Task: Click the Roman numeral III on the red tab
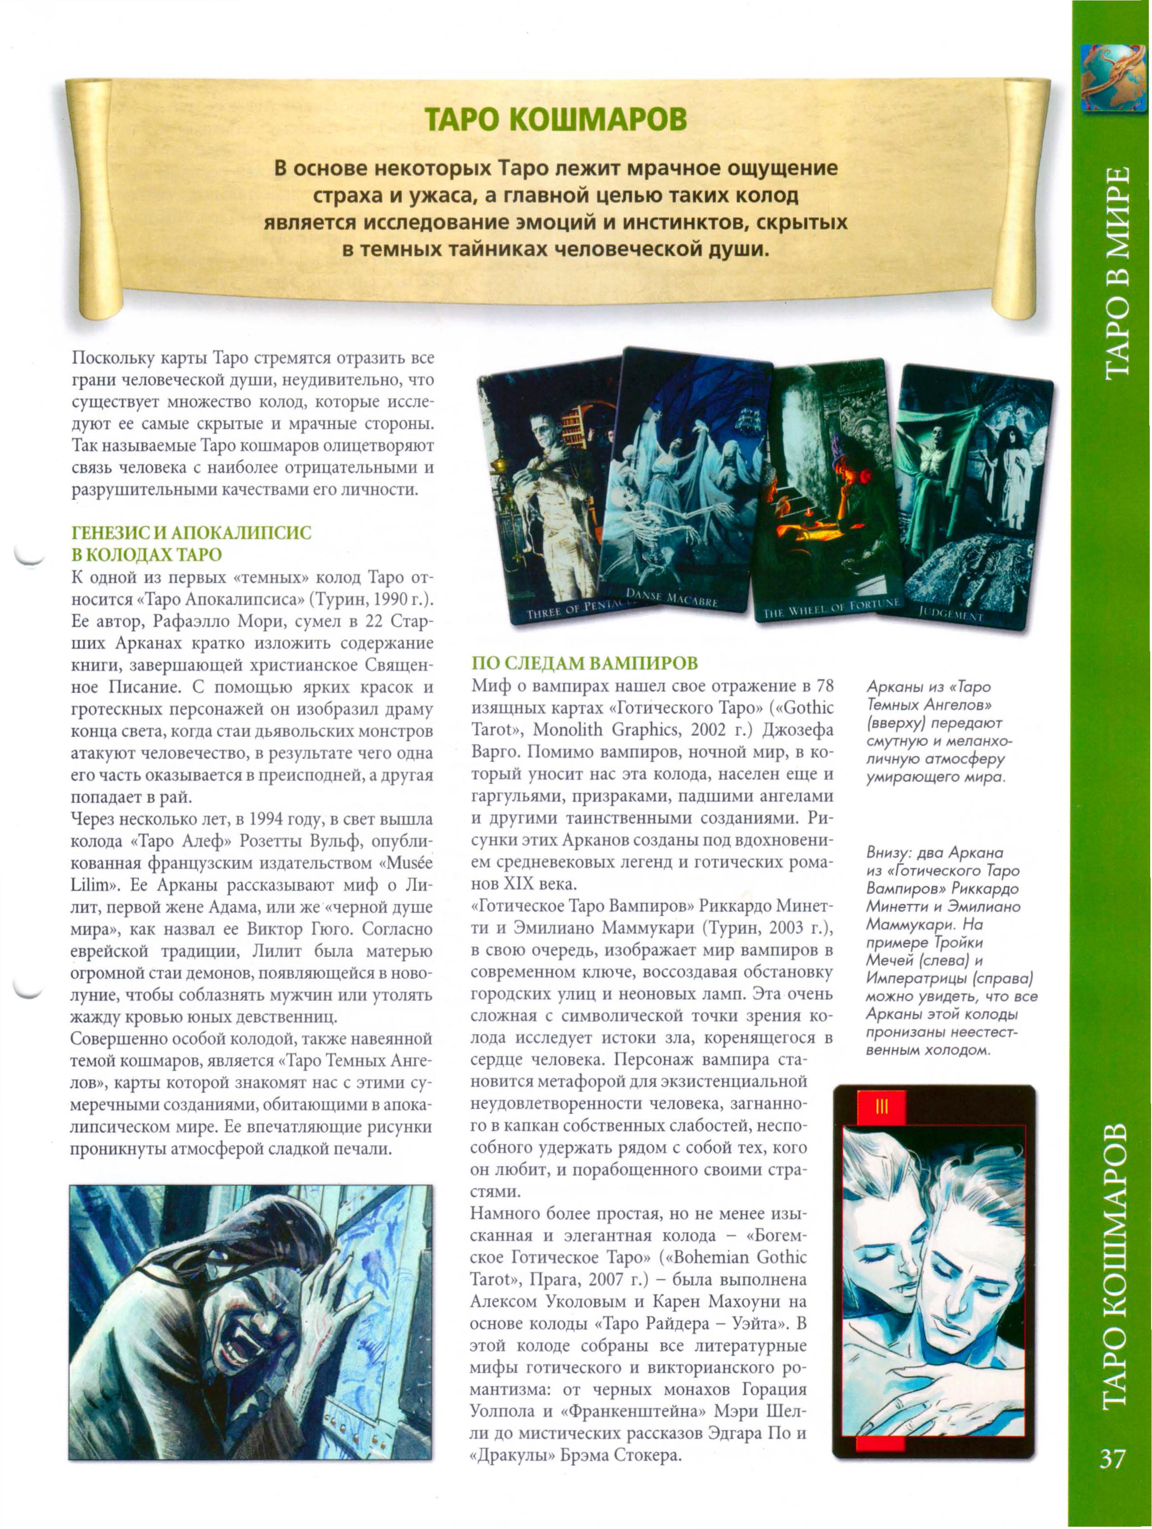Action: [x=880, y=1107]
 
